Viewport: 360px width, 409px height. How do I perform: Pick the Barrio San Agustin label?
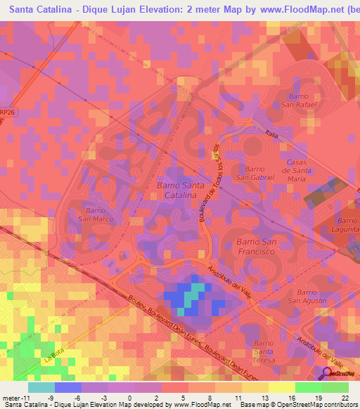tap(312, 296)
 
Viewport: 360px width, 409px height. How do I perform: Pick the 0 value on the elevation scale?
tap(129, 398)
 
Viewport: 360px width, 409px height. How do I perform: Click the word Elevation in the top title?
tap(145, 11)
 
